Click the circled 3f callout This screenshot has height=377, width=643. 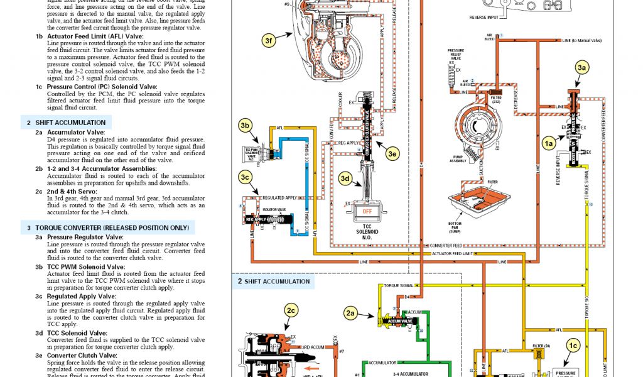tap(269, 41)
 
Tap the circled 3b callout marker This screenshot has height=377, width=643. tap(246, 126)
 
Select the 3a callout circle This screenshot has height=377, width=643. tap(582, 66)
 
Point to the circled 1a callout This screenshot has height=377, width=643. tap(548, 144)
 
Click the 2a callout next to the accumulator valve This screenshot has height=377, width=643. tap(351, 312)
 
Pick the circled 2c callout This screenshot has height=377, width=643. tap(291, 311)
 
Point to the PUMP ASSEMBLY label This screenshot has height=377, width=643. tap(458, 160)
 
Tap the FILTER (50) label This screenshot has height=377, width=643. tap(541, 346)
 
